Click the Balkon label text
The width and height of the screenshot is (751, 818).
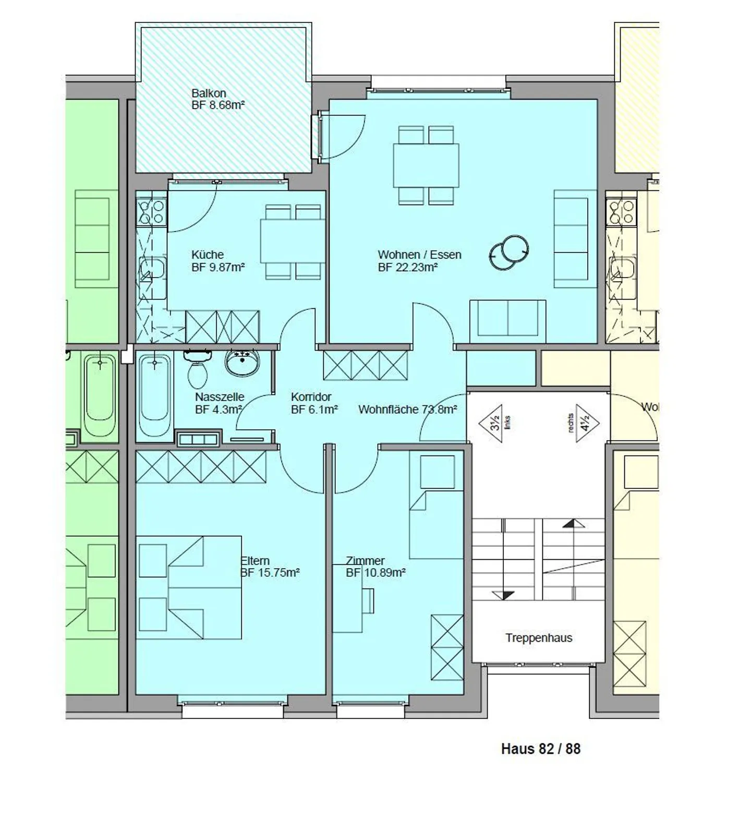209,93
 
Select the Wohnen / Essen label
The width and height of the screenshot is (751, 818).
419,255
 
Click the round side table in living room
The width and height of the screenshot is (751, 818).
509,252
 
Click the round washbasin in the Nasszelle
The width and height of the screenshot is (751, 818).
242,362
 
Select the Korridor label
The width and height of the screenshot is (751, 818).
311,397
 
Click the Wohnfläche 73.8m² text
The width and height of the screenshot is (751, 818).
407,410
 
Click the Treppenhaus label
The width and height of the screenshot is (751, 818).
538,637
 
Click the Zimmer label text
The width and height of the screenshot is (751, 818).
365,561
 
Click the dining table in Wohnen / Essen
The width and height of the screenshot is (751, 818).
426,166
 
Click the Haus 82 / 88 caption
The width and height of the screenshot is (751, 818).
540,749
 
